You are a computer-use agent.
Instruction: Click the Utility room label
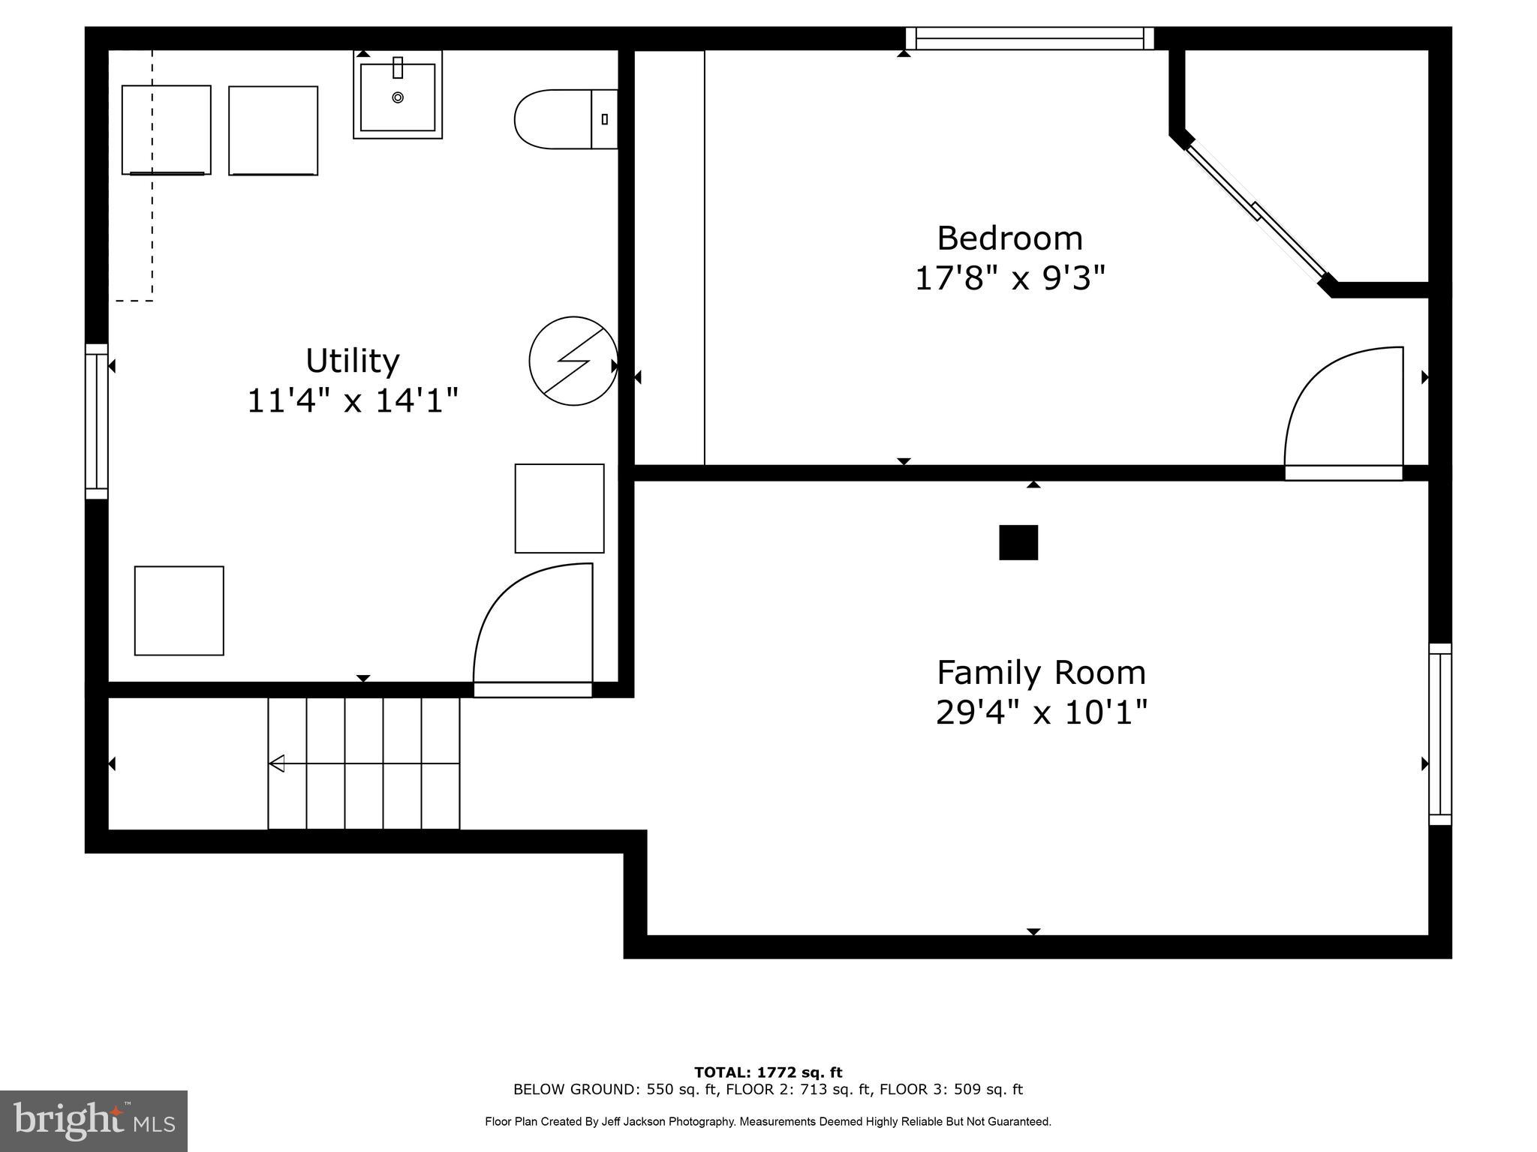point(352,361)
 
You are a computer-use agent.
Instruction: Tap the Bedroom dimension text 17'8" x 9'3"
point(1009,279)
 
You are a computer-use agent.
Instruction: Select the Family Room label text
point(1041,673)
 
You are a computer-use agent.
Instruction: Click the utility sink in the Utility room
point(398,95)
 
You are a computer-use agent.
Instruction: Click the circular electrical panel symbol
point(573,361)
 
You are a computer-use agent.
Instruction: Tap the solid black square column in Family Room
point(1018,542)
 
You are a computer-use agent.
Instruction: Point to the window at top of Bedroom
point(1029,38)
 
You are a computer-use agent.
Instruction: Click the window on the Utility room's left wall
point(97,421)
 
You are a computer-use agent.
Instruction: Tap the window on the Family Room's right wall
point(1439,734)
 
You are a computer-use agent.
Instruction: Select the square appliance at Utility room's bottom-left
point(179,610)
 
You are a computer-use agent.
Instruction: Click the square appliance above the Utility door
point(559,508)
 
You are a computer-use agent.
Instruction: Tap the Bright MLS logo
point(94,1120)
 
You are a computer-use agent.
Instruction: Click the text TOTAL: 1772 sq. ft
point(768,1072)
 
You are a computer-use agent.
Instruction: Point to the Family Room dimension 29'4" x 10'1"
point(1041,712)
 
